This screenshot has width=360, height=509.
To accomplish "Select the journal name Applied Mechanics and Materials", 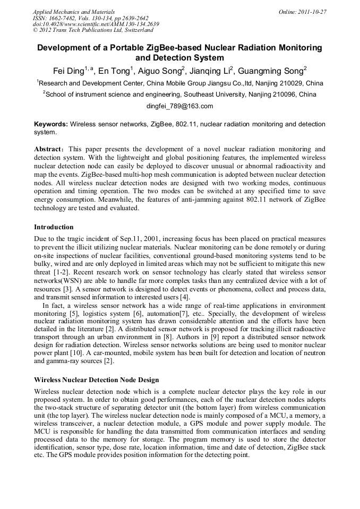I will coord(73,11).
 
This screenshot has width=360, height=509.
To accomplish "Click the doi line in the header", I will coord(96,24).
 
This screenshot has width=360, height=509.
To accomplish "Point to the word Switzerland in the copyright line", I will coord(134,30).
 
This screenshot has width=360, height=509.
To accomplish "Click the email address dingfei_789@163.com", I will coord(179,106).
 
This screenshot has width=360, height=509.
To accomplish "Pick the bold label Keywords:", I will coord(51,124).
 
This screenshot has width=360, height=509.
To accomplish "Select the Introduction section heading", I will coord(54,227).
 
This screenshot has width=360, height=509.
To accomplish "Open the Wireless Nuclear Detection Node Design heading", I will coord(96,380).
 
